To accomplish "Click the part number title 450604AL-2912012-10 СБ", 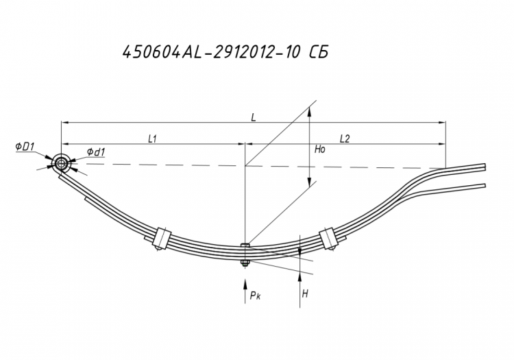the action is point(225,52).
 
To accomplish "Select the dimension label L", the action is point(254,117).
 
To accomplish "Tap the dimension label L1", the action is point(152,139).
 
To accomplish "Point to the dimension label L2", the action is point(345,139).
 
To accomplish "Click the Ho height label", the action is point(320,149).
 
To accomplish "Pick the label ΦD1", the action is point(25,147).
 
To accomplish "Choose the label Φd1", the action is point(96,152).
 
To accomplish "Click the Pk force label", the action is point(255,296).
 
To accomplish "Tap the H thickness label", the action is point(305,293).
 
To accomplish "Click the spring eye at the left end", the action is point(61,163).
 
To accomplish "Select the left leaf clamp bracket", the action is point(161,237).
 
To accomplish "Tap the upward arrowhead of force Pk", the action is point(245,283).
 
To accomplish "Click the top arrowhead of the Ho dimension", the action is point(309,113).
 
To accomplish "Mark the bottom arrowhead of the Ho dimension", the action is point(309,182).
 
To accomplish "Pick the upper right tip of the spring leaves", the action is point(485,167).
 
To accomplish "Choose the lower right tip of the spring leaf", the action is point(485,185).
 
